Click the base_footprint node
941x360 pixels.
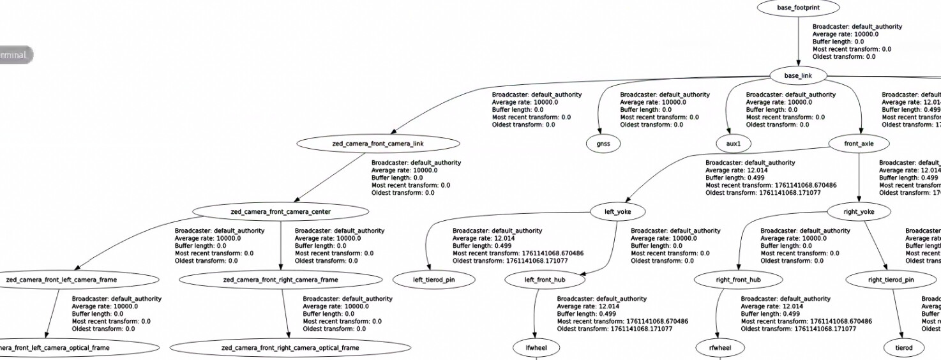pos(798,8)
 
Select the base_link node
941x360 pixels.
pos(798,75)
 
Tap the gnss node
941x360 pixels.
pos(603,144)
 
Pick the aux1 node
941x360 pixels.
pos(734,144)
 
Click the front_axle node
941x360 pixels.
pos(859,144)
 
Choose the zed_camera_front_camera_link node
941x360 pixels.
pos(377,144)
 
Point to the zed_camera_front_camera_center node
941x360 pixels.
pos(280,211)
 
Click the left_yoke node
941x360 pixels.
pos(617,211)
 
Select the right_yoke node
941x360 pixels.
pos(859,211)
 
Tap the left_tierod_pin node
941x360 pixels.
pos(434,280)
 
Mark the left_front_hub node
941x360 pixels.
pos(545,280)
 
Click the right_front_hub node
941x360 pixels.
pos(737,280)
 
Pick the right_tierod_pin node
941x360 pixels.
pos(891,280)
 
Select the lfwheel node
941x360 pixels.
pos(536,348)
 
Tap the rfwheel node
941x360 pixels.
pos(719,348)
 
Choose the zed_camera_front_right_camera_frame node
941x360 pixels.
pos(280,280)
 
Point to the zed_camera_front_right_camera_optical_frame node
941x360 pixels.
pos(290,348)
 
